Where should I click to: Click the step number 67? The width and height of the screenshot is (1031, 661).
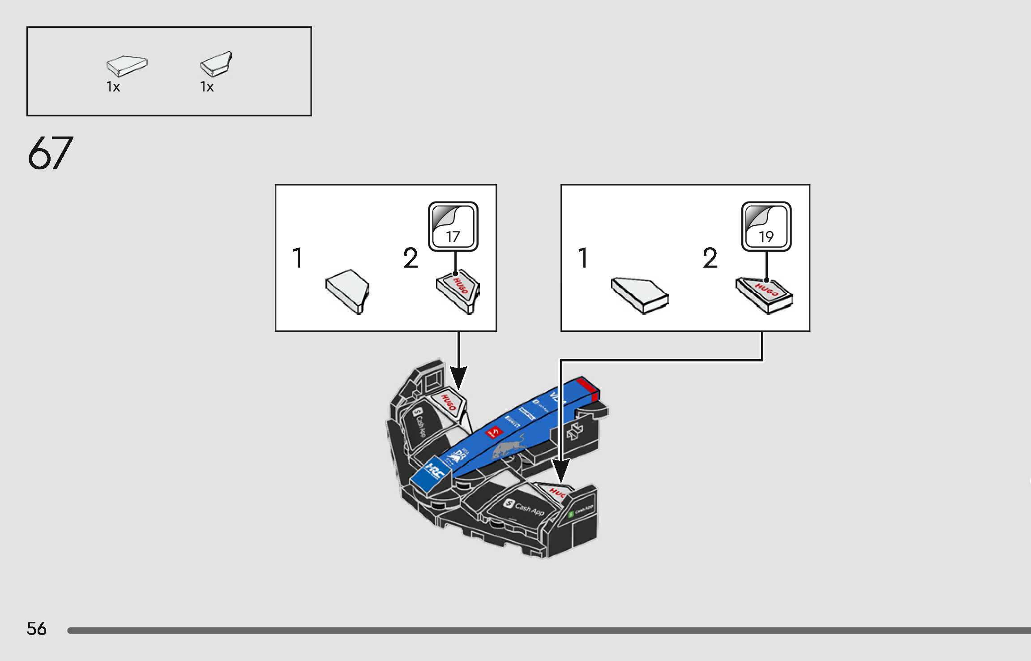point(50,153)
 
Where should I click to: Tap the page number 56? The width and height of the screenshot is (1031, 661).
point(36,629)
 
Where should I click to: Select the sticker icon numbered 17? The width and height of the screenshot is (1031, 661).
point(453,227)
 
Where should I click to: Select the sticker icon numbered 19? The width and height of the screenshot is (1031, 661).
point(766,227)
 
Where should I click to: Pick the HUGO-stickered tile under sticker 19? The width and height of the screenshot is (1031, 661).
point(764,295)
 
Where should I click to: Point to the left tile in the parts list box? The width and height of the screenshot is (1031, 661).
point(127,66)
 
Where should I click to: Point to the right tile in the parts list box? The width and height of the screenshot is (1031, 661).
point(216,64)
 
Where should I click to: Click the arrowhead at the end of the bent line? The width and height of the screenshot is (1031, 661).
point(560,470)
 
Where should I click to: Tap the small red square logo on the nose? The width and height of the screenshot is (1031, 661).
point(493,433)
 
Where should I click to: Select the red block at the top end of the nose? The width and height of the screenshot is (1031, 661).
point(588,388)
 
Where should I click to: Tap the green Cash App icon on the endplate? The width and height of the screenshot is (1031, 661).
point(571,515)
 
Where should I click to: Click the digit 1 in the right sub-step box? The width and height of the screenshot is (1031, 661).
point(582,258)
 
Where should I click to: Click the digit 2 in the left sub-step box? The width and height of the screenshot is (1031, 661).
point(410,258)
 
